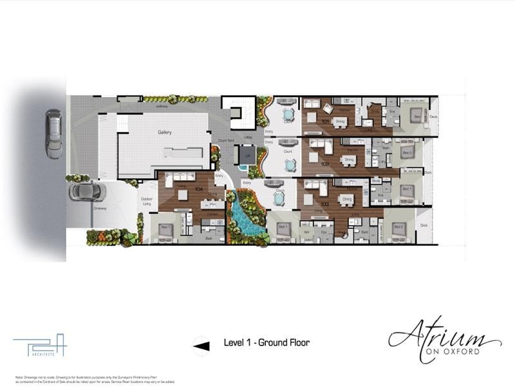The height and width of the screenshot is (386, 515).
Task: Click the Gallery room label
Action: [x=165, y=132]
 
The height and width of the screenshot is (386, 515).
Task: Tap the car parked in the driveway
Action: [x=86, y=191]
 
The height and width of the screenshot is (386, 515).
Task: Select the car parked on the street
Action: [x=53, y=134]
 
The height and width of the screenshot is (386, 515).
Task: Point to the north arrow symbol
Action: [x=201, y=345]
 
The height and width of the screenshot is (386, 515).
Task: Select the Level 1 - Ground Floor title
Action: [x=267, y=343]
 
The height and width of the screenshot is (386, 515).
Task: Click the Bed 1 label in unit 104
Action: [x=165, y=228]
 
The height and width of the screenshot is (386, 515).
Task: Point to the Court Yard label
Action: [x=225, y=141]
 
